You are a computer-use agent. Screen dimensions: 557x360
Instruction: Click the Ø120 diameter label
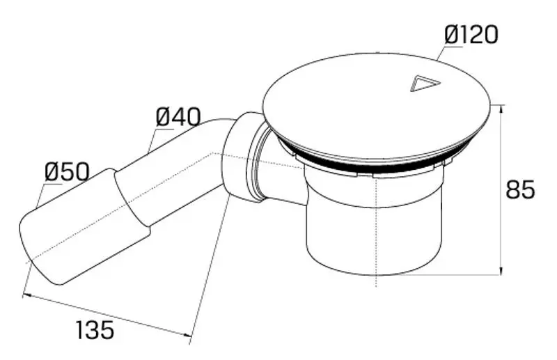(x=471, y=35)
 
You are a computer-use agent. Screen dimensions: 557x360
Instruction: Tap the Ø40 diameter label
(x=178, y=116)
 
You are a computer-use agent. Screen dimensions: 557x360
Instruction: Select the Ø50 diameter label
(x=67, y=172)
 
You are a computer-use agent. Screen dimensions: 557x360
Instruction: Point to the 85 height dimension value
(x=520, y=189)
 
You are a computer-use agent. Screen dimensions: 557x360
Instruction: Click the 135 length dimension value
(x=95, y=329)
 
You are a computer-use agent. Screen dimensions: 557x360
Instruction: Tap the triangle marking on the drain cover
(x=425, y=84)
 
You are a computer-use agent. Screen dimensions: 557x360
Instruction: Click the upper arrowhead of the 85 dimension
(x=501, y=110)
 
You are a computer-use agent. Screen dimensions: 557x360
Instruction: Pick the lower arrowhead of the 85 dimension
(x=501, y=269)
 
